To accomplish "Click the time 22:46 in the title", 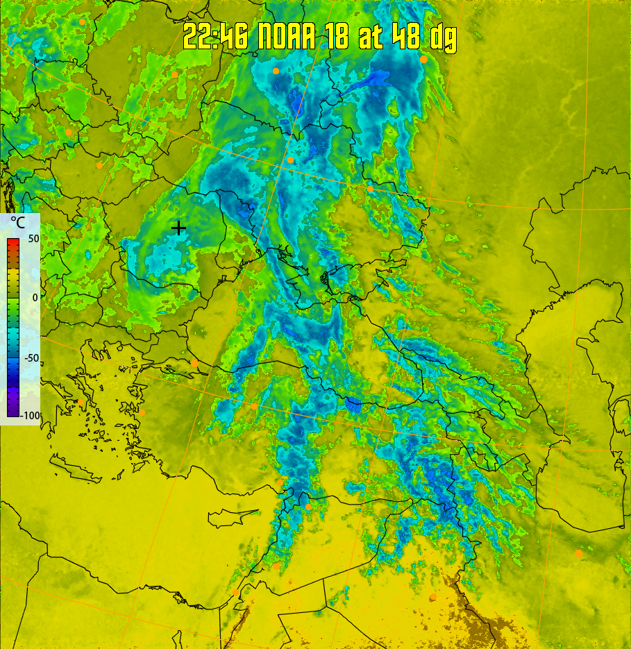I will [216, 37].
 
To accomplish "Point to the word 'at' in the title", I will [370, 37].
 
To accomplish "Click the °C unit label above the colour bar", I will [19, 224].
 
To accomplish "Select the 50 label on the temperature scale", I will [33, 239].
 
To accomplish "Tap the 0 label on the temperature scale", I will [34, 298].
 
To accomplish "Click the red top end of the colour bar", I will [13, 242].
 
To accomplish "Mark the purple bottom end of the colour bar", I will [13, 413].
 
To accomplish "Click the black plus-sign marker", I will [178, 227].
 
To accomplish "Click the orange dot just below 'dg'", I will [423, 60].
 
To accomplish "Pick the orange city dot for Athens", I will [81, 403].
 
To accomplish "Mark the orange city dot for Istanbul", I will [194, 363].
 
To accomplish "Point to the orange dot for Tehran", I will [578, 553].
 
